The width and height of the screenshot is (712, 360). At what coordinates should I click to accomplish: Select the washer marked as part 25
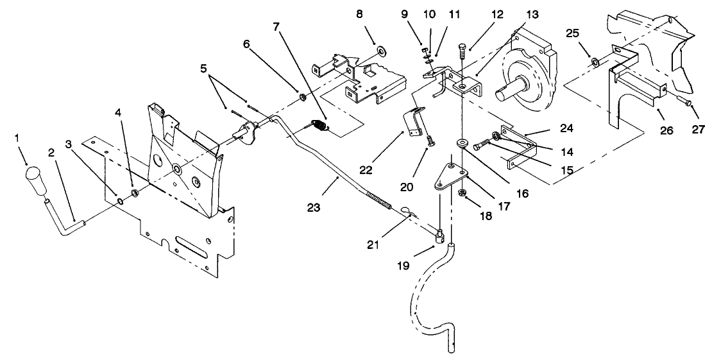(595, 62)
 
